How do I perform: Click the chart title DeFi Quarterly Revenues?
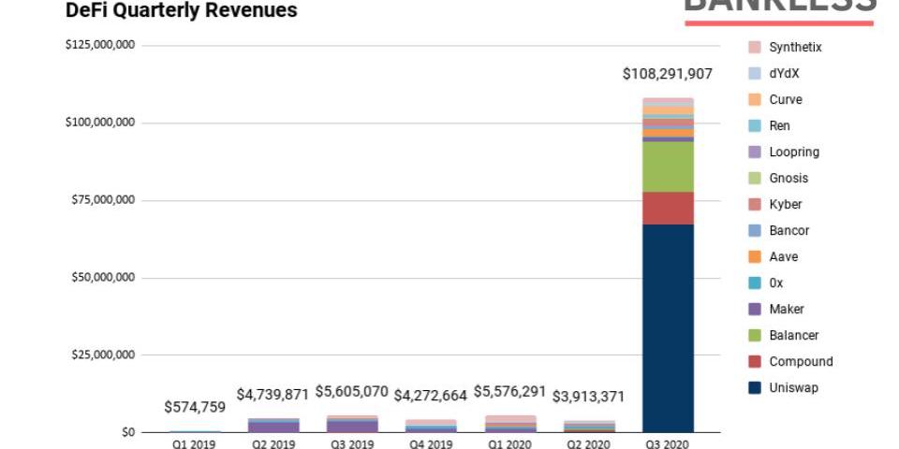pos(182,10)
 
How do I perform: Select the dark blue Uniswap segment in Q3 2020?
pos(668,327)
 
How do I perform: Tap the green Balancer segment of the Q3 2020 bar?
pos(668,167)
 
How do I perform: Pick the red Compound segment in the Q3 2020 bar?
pos(668,208)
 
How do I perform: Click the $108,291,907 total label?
pos(668,74)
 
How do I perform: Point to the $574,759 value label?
pos(195,407)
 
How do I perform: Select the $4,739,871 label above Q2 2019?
pos(273,395)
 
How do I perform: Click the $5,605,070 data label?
pos(351,391)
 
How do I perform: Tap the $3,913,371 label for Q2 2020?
pos(587,396)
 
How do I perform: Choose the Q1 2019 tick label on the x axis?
pos(194,444)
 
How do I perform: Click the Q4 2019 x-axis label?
pos(430,444)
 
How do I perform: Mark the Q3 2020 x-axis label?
pos(667,444)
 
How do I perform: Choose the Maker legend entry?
pos(786,309)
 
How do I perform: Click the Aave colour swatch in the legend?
pos(754,256)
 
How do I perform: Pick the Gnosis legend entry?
pos(788,178)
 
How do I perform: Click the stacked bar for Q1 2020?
pos(509,423)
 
